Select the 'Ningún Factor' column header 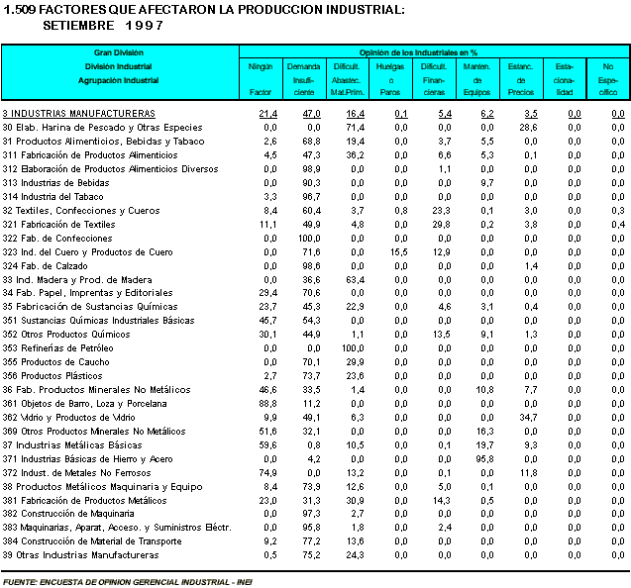click(261, 78)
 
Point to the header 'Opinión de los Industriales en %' click(432, 50)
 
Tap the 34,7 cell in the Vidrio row click(527, 418)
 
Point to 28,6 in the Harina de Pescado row click(527, 128)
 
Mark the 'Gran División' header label click(119, 50)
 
